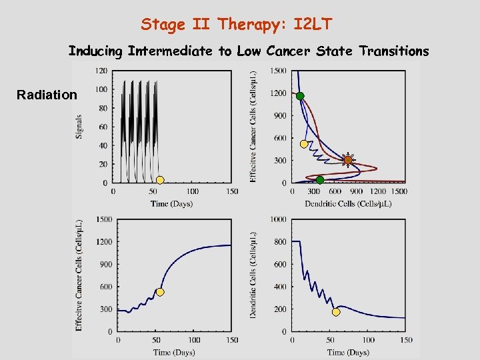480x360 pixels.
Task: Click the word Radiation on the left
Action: (x=47, y=95)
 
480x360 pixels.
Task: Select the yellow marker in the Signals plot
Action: (x=160, y=180)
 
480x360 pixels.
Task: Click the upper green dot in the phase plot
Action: (x=300, y=96)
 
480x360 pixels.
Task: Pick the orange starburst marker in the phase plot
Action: (x=347, y=159)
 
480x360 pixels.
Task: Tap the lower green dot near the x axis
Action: (x=320, y=180)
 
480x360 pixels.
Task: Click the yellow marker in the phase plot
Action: (x=304, y=144)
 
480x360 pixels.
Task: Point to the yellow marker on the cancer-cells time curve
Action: (x=160, y=292)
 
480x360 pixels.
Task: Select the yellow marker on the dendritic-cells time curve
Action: (x=336, y=312)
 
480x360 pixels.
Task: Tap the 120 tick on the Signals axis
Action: (x=101, y=71)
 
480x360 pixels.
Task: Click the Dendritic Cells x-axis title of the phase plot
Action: (x=347, y=204)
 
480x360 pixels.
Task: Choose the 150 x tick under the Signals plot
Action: (x=231, y=192)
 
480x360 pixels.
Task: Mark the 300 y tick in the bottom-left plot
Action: (x=105, y=309)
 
